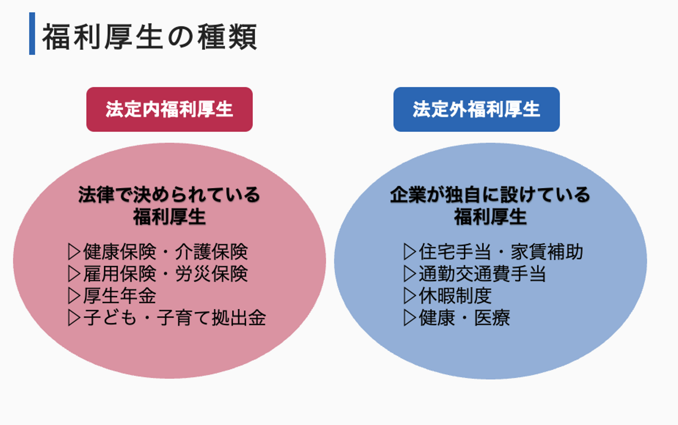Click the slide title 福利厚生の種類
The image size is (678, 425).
pyautogui.click(x=150, y=37)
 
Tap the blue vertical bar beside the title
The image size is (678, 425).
pyautogui.click(x=32, y=33)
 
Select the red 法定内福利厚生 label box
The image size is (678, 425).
pyautogui.click(x=169, y=109)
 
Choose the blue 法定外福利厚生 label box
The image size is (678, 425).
pyautogui.click(x=476, y=109)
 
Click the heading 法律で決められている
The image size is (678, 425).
pyautogui.click(x=169, y=194)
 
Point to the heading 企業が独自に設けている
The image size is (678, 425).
pyautogui.click(x=490, y=194)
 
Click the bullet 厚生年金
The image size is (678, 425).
pyautogui.click(x=120, y=296)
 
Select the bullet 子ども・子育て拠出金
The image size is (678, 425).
pyautogui.click(x=175, y=318)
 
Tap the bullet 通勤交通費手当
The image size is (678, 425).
pyautogui.click(x=482, y=274)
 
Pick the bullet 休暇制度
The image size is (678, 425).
pyautogui.click(x=455, y=296)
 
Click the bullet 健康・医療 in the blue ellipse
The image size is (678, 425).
pyautogui.click(x=464, y=318)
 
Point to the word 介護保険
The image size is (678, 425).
pyautogui.click(x=211, y=252)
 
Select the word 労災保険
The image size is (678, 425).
pyautogui.click(x=211, y=274)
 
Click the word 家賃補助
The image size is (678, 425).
pyautogui.click(x=547, y=252)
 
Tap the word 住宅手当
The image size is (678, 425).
pyautogui.click(x=455, y=252)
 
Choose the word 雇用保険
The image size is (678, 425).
pyautogui.click(x=120, y=274)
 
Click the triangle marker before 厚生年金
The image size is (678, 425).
pyautogui.click(x=74, y=296)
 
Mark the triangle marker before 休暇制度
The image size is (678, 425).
pyautogui.click(x=410, y=296)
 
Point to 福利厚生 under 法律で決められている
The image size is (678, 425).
pyautogui.click(x=169, y=217)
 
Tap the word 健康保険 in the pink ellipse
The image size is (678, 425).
pyautogui.click(x=120, y=252)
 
